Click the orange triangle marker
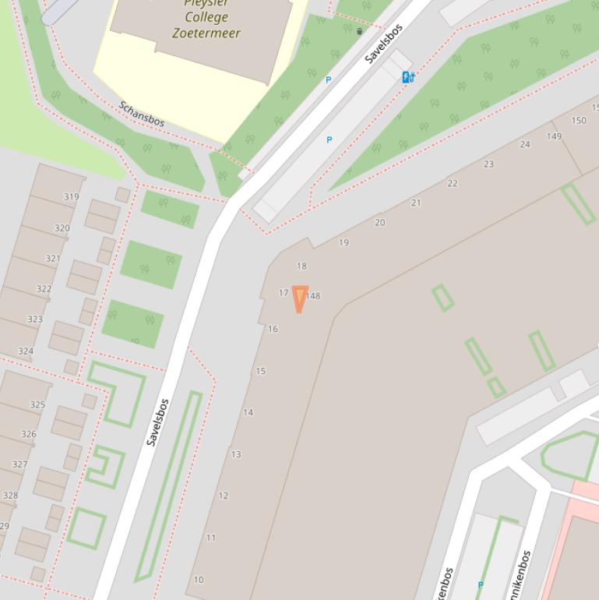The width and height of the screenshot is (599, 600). [x=299, y=298]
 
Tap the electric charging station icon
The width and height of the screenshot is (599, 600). [x=408, y=76]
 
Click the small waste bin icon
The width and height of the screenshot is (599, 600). [x=359, y=31]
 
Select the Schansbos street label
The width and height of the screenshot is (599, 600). [x=142, y=114]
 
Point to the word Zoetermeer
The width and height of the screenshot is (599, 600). [x=206, y=33]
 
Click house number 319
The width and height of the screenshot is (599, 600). [x=72, y=196]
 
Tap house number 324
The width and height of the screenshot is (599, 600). [x=26, y=351]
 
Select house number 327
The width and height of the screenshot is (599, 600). [x=20, y=464]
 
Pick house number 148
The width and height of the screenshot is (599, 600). [x=313, y=296]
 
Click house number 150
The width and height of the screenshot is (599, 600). [x=579, y=120]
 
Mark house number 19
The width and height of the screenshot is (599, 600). [x=344, y=242]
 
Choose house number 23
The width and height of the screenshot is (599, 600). [x=488, y=164]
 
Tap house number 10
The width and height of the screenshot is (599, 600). [x=199, y=580]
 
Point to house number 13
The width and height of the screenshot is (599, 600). [x=236, y=454]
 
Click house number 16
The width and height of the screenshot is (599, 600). [x=273, y=329]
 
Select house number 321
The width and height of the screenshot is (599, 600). [x=53, y=258]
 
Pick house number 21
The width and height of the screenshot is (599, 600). [x=416, y=203]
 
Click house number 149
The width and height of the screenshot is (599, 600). [x=554, y=136]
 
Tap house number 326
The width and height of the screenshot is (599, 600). [x=29, y=434]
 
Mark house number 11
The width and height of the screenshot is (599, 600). [x=211, y=538]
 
